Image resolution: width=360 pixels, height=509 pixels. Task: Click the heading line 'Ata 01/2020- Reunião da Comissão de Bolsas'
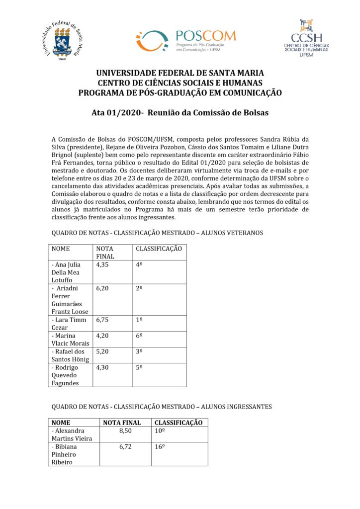click(180, 113)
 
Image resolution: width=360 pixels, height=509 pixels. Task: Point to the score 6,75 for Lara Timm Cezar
click(102, 321)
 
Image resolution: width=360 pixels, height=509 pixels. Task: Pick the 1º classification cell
click(140, 321)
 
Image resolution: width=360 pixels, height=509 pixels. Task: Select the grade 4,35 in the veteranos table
click(102, 265)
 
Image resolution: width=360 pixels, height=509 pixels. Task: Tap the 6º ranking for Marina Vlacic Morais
click(140, 336)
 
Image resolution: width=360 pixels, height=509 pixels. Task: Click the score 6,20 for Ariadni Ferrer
click(102, 288)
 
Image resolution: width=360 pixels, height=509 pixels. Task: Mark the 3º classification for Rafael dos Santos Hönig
click(140, 351)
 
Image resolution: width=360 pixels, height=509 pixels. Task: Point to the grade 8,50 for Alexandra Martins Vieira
click(125, 431)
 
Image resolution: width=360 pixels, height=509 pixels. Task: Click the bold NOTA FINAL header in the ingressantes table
click(122, 423)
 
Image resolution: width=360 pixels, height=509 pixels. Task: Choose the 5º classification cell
click(140, 368)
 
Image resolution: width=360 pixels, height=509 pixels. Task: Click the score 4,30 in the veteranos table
click(102, 368)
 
